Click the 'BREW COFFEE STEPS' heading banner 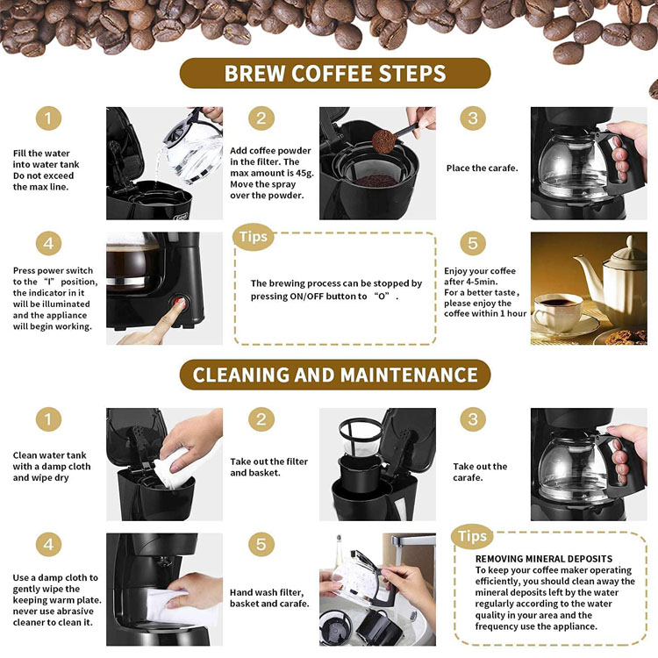[335, 73]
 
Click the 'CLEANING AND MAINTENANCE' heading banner [335, 375]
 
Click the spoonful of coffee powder [383, 141]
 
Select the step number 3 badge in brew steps [473, 118]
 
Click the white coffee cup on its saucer [558, 311]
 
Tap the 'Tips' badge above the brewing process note [253, 237]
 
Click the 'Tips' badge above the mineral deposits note [472, 536]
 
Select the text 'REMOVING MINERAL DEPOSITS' [543, 559]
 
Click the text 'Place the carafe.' [483, 168]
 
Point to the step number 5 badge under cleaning [261, 544]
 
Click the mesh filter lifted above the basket [360, 436]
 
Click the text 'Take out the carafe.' [480, 472]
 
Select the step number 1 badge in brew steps [48, 118]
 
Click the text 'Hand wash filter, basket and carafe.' [269, 597]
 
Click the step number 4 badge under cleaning [48, 544]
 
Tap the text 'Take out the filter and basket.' [268, 467]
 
